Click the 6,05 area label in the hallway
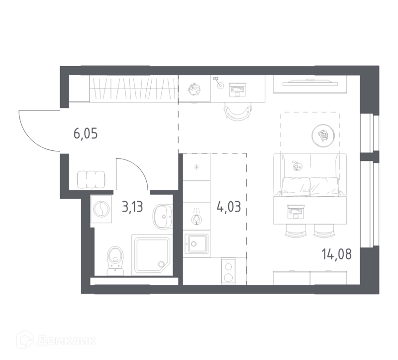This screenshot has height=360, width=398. coord(86,134)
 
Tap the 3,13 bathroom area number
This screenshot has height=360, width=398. coord(132,207)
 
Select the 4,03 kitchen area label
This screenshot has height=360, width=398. coord(228,207)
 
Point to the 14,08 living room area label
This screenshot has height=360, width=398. coord(337,254)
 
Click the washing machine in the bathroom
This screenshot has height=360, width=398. coord(101,209)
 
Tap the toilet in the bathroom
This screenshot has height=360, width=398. coord(115,260)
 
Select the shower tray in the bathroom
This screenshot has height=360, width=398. coord(152,255)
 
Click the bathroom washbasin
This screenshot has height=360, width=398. coord(163,217)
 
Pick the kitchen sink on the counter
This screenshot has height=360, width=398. coord(196,243)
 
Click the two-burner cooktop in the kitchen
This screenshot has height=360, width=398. coord(228,271)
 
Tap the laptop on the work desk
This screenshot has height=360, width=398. coord(238,90)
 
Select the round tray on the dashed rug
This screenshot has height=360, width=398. coord(323,135)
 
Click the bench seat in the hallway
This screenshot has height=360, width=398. coord(91,179)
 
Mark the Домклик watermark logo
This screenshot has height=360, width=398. coord(56,341)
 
